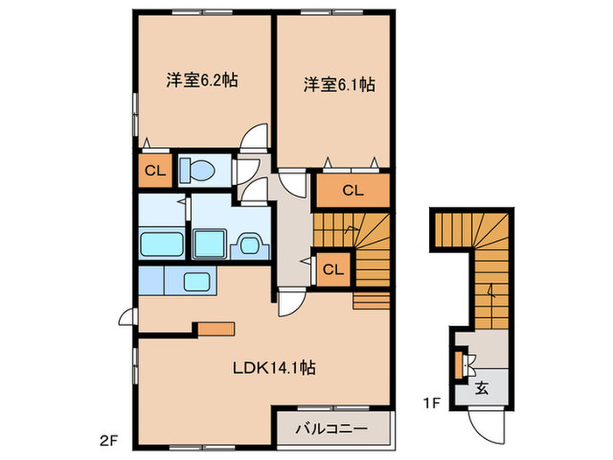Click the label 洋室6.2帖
[x=203, y=80]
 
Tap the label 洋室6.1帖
[x=340, y=85]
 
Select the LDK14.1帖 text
[x=274, y=369]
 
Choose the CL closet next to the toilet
[x=154, y=171]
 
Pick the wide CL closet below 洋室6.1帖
[x=352, y=189]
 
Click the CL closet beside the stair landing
[x=334, y=269]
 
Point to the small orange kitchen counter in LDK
[x=215, y=329]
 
